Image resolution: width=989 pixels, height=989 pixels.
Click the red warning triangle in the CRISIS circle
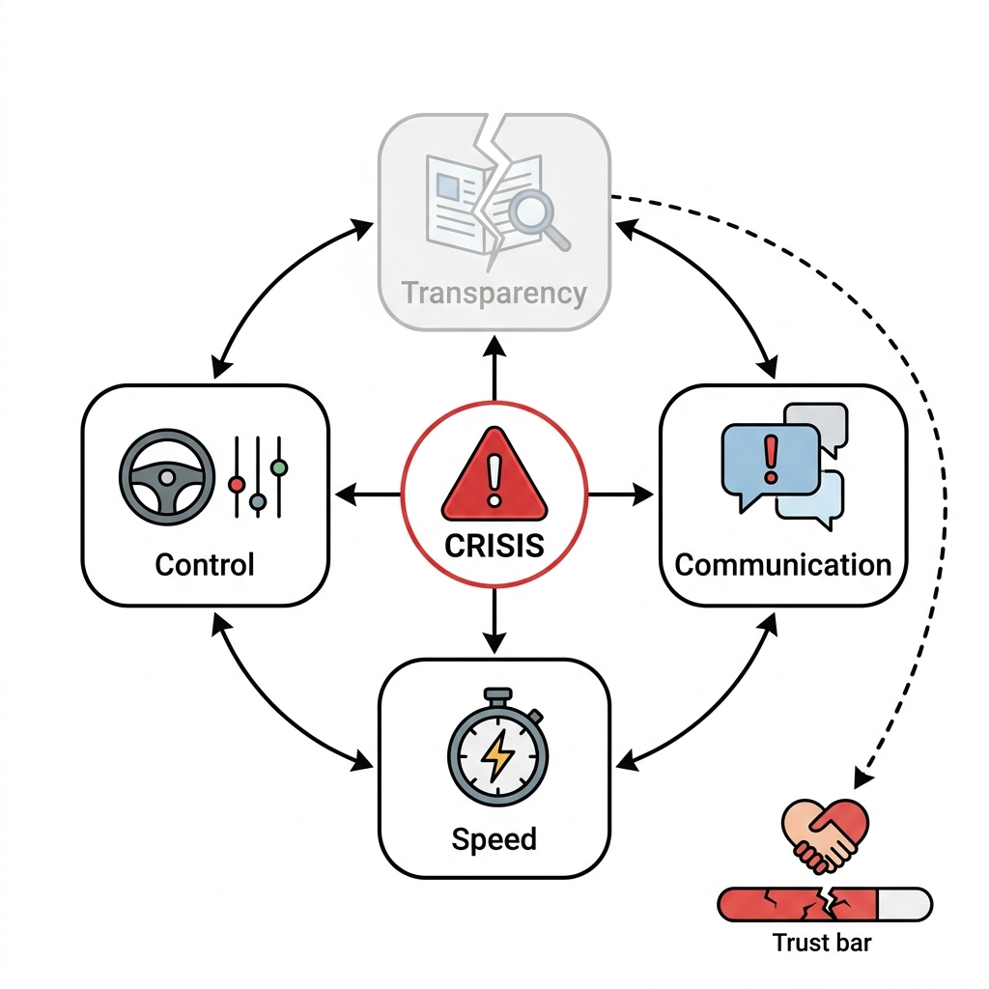(494, 476)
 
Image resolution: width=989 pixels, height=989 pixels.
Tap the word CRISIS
(494, 546)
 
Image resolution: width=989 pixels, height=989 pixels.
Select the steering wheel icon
(167, 477)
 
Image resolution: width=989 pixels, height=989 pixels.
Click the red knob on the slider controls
(238, 485)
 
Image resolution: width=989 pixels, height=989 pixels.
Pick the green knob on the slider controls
(279, 467)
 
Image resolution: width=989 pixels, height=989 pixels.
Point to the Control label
(205, 564)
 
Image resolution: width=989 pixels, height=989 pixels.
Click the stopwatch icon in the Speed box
(497, 747)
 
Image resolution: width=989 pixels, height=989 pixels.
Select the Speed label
(494, 840)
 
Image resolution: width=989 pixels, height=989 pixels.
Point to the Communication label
(782, 565)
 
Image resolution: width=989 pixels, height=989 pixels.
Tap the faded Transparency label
(494, 294)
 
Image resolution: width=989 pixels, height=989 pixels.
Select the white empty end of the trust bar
(904, 904)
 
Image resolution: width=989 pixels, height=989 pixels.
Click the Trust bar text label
(822, 943)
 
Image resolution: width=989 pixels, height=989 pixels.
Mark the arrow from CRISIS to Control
(368, 494)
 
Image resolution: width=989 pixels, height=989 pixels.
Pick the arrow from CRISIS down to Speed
(494, 621)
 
